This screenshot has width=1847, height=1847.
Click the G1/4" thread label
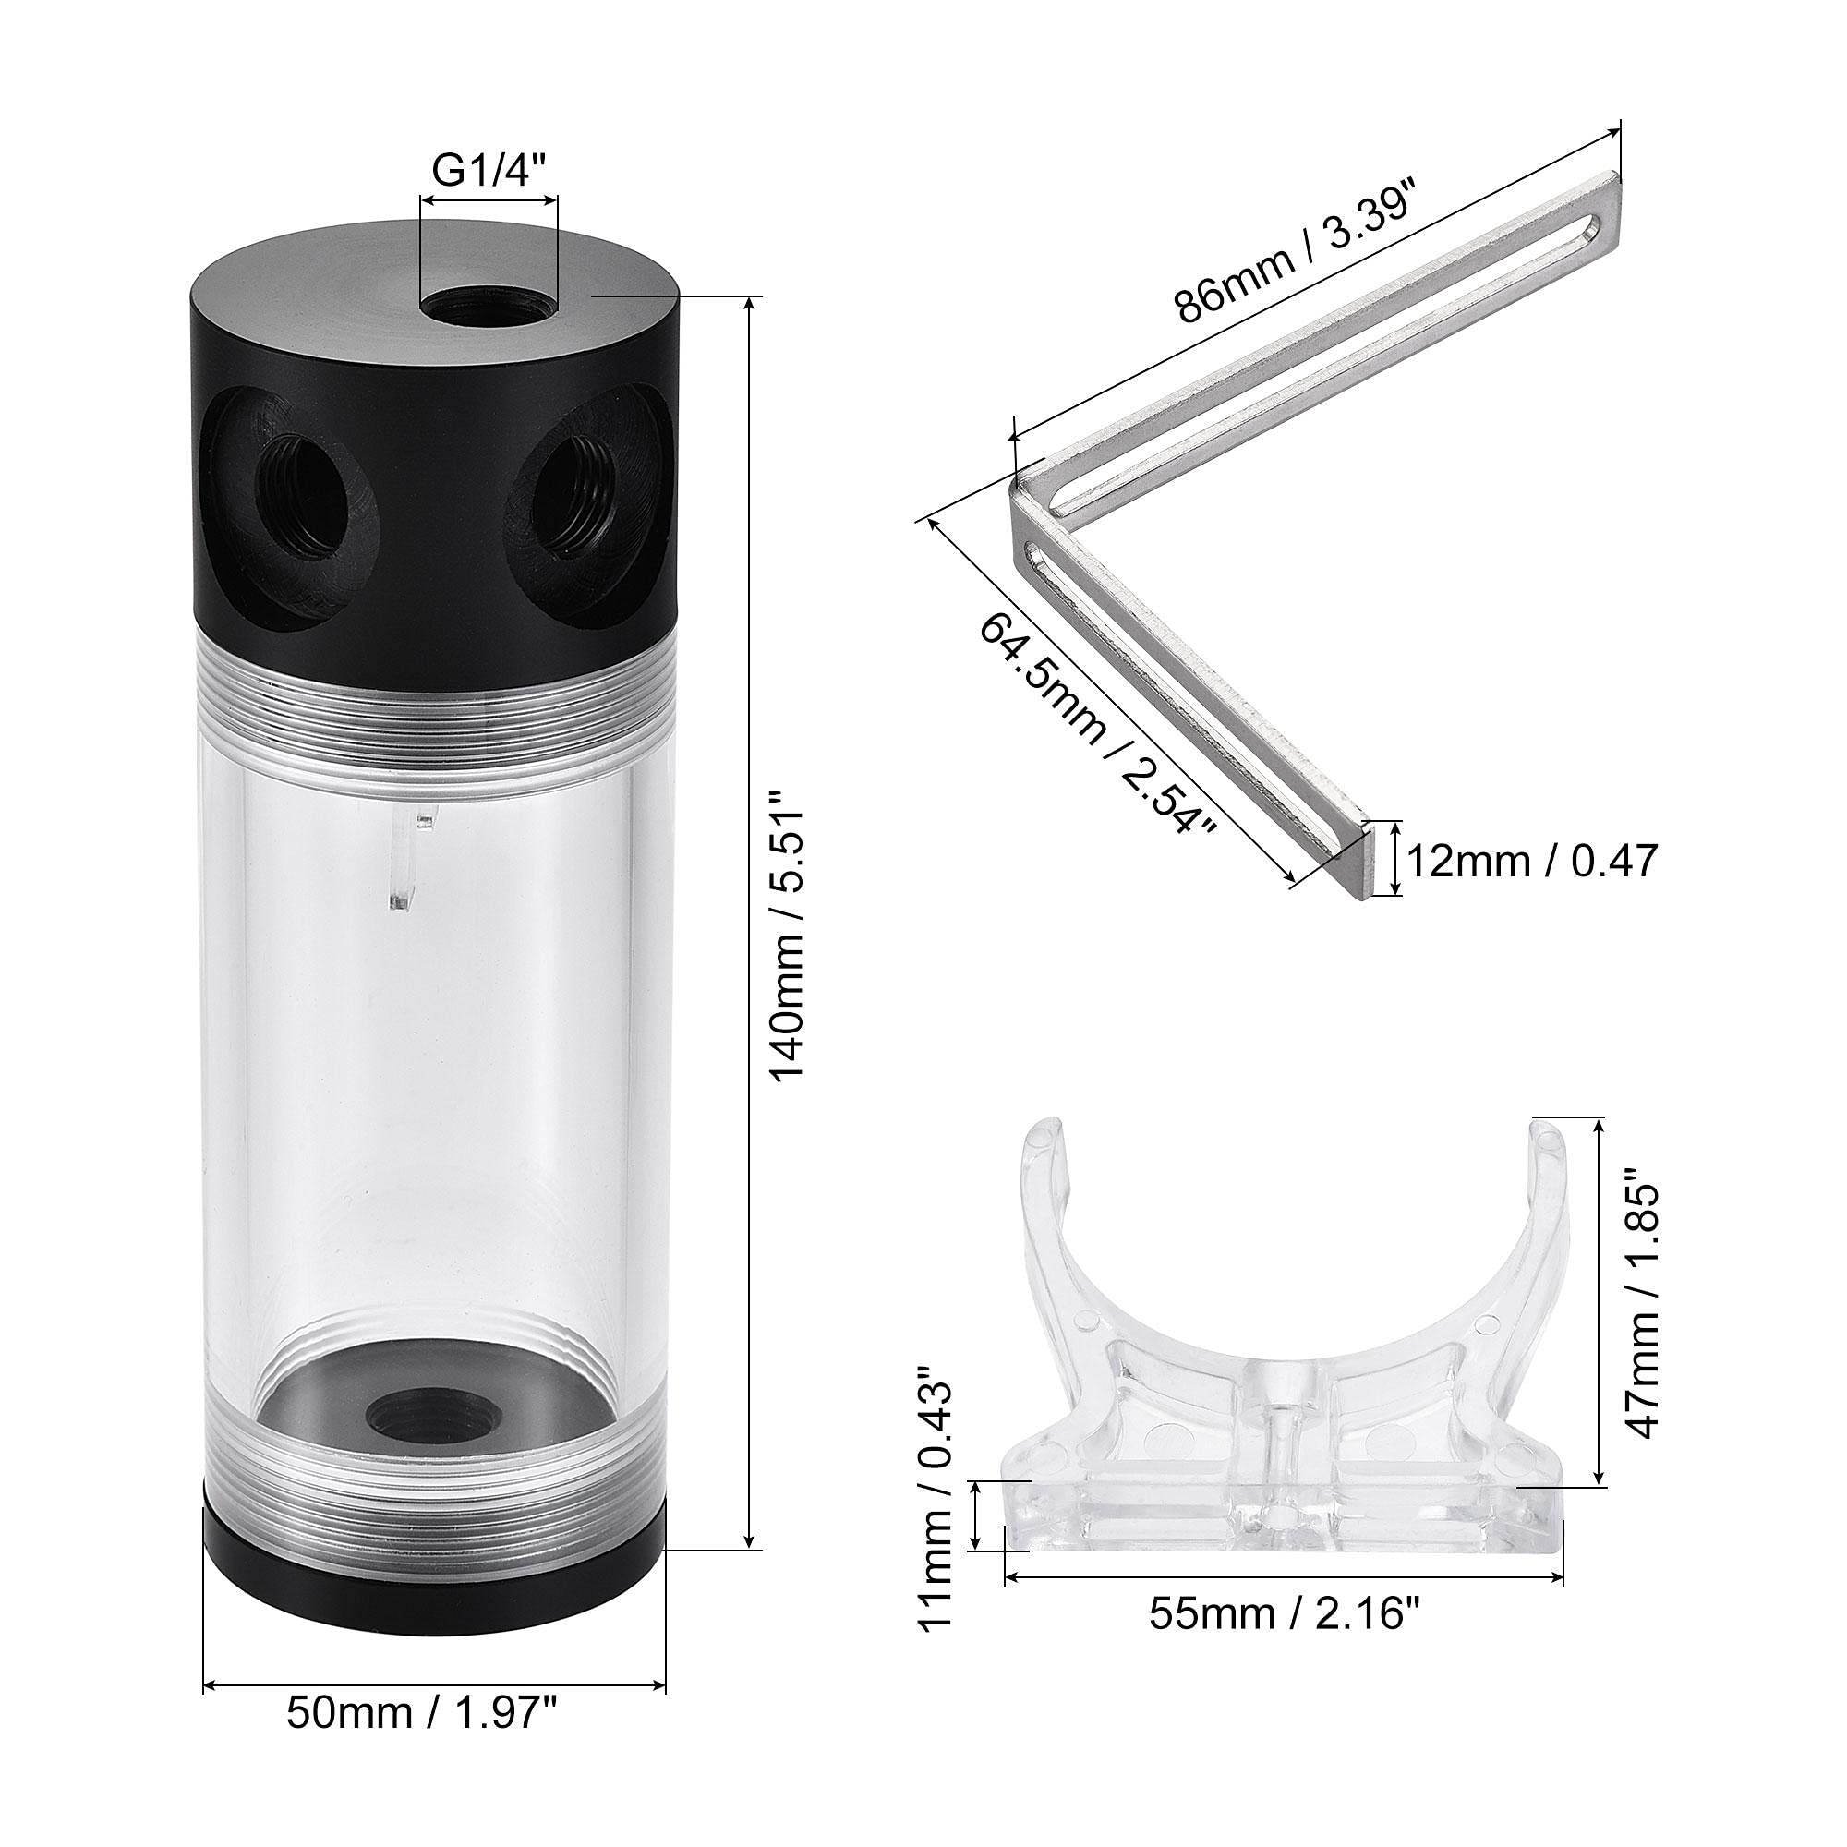coord(489,172)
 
